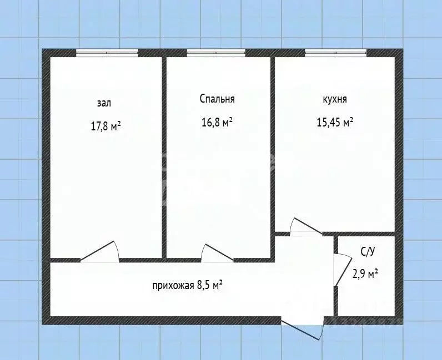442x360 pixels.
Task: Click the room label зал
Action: click(104, 103)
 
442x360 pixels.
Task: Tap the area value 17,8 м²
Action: click(106, 126)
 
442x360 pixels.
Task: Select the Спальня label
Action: click(217, 99)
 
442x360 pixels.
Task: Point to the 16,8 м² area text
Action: click(217, 123)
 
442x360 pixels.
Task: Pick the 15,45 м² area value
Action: click(335, 123)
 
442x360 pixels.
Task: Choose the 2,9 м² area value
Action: click(366, 273)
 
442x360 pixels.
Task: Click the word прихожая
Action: click(173, 286)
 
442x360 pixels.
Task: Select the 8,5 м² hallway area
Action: click(210, 286)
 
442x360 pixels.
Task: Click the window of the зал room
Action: click(107, 53)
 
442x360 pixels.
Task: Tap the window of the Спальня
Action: click(216, 53)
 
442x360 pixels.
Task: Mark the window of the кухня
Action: click(335, 53)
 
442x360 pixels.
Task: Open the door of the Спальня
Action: click(217, 253)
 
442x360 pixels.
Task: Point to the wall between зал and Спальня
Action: click(164, 155)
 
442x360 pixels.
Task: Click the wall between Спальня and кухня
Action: click(273, 144)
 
